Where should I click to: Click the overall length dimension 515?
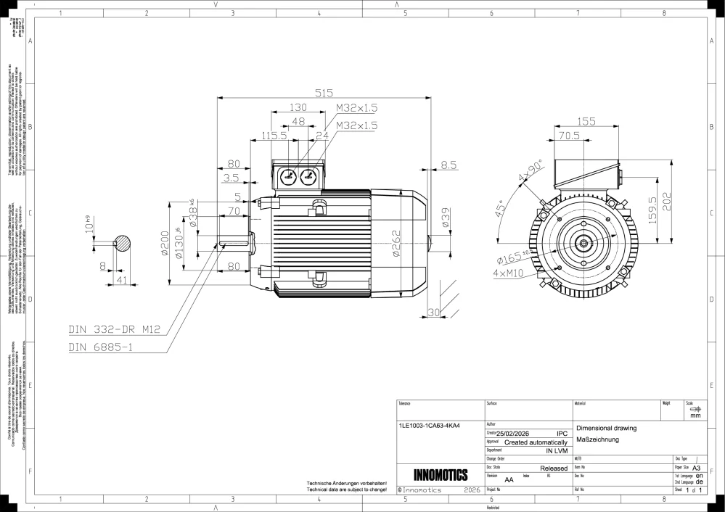point(323,92)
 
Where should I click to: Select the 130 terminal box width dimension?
point(298,107)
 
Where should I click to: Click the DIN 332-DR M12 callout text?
point(114,329)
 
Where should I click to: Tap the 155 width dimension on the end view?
point(587,121)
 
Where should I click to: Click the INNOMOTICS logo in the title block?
point(440,476)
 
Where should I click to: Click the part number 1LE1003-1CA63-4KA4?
point(430,426)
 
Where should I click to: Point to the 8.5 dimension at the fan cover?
point(448,165)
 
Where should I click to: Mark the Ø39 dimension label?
point(444,217)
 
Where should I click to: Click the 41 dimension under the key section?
point(121,279)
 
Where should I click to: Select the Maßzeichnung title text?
point(596,439)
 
